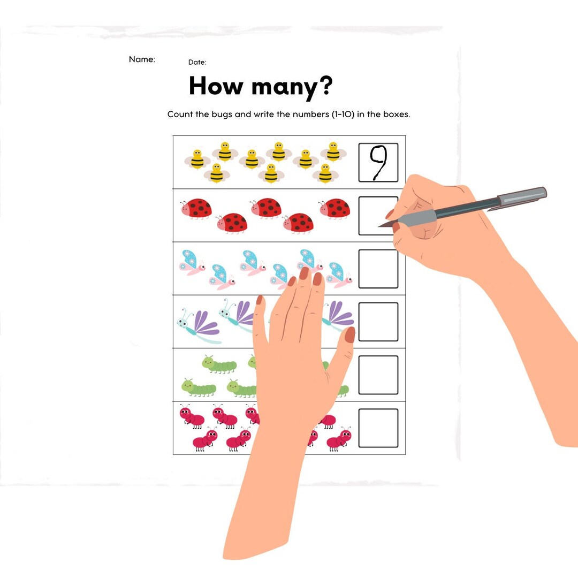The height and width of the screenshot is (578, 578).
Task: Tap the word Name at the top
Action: pos(142,59)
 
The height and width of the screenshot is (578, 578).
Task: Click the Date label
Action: pos(197,63)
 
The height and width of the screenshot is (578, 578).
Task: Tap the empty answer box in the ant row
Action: pos(378,428)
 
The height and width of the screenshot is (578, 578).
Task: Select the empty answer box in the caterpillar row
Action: pos(378,375)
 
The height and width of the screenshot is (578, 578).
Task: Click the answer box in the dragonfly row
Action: pos(378,322)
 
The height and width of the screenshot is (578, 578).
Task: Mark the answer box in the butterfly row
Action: pos(378,269)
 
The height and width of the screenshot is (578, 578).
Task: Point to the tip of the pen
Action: pos(380,226)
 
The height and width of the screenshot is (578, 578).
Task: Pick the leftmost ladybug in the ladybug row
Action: pos(196,208)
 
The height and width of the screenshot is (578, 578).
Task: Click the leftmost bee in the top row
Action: pos(197,159)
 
